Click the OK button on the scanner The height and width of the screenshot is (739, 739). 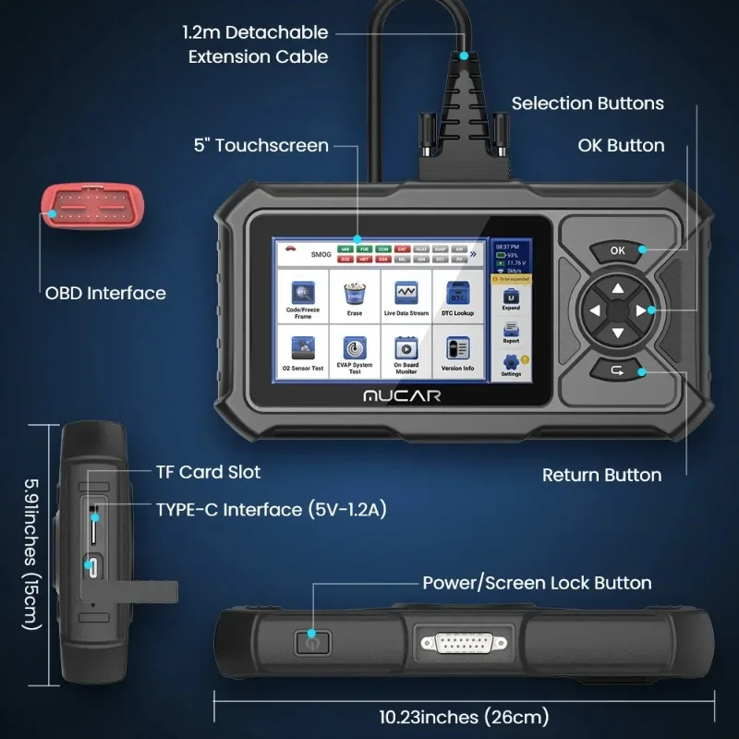click(618, 249)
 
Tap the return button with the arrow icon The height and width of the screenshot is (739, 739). click(618, 371)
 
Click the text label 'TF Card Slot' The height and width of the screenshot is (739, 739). click(207, 472)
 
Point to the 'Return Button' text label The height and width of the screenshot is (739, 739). click(601, 475)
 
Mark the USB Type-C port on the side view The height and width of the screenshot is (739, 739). click(93, 565)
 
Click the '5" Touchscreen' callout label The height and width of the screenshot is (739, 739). click(261, 145)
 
